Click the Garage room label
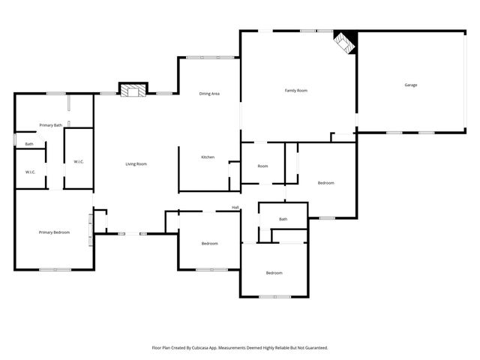(410, 85)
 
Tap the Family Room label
(296, 91)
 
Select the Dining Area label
(209, 94)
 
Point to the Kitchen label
(208, 157)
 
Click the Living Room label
(136, 163)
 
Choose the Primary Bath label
(51, 125)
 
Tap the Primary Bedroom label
(54, 232)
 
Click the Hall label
(235, 208)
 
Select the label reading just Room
(262, 166)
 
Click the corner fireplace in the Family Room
(345, 43)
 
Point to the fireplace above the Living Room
(134, 91)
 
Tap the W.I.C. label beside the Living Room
(79, 161)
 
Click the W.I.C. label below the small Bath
(30, 172)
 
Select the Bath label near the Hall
(283, 219)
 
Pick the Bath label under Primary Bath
(29, 144)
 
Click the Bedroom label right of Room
(325, 183)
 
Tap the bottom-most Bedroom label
(274, 272)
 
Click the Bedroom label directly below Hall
(209, 243)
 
